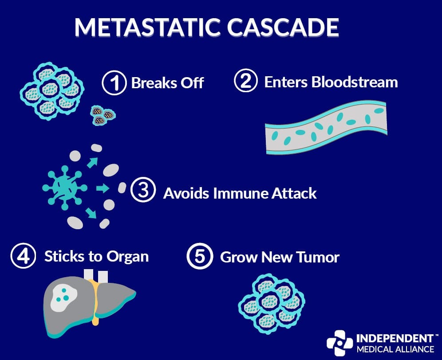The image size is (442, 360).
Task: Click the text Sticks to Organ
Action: tap(96, 257)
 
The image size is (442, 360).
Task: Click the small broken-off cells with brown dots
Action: tap(103, 115)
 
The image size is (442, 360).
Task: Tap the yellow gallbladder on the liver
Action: tap(94, 306)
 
